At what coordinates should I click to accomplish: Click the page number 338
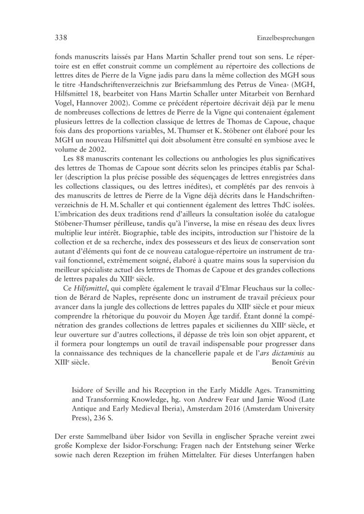coord(56,38)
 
